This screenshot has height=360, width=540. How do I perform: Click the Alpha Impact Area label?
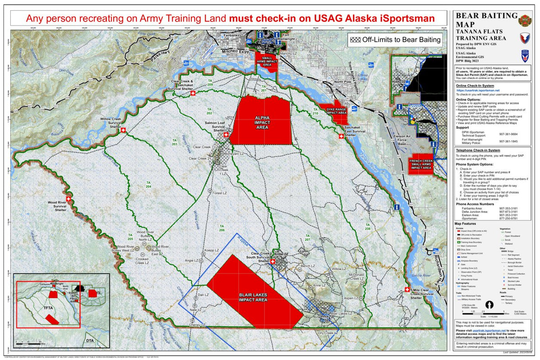point(262,122)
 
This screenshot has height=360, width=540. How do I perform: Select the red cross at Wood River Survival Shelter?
point(69,198)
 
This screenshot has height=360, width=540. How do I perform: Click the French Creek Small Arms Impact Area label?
point(421,164)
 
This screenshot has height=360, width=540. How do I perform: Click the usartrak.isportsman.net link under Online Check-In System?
point(478,90)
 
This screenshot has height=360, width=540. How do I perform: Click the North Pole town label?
point(342,82)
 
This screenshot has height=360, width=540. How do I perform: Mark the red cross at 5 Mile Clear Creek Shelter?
point(408,290)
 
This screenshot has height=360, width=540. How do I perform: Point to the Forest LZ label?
point(218,193)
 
